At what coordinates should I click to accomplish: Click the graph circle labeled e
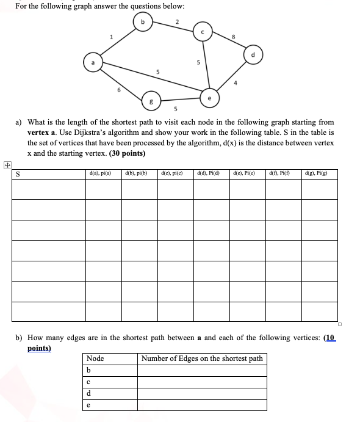click(210, 96)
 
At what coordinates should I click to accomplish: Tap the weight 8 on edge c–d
click(232, 37)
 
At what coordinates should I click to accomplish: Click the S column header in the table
click(18, 174)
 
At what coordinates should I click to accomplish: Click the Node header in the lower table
click(96, 358)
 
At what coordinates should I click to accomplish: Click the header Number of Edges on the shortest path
click(202, 358)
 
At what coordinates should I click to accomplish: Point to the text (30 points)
click(127, 153)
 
